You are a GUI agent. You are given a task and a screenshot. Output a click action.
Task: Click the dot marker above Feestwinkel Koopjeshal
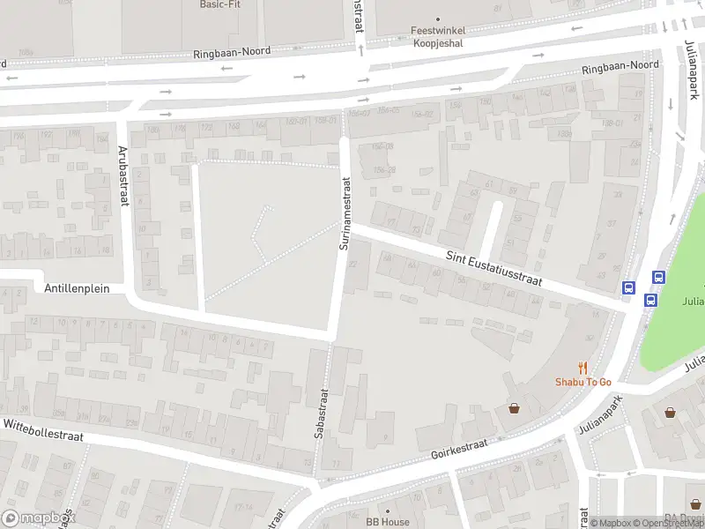click(x=438, y=18)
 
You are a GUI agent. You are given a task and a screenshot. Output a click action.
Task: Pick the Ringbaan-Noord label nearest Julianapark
click(x=620, y=66)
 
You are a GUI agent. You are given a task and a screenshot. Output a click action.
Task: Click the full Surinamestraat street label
click(x=345, y=212)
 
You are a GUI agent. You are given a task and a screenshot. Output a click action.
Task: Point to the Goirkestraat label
click(x=459, y=451)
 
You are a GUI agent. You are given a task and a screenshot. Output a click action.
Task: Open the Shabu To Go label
click(x=583, y=382)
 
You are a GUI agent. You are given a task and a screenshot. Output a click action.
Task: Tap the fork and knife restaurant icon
click(x=583, y=367)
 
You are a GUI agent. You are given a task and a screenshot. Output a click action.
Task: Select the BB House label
click(x=388, y=522)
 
